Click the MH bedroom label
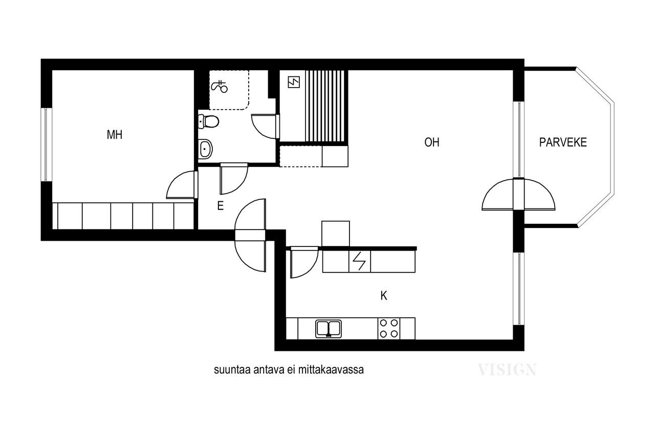tap(114, 135)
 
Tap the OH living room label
tap(431, 142)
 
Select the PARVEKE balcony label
tap(563, 142)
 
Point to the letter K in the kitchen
tap(384, 296)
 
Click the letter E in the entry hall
tap(221, 206)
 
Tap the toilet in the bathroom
tap(208, 121)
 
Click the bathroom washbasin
tap(205, 149)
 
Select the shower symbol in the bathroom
tap(220, 86)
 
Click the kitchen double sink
tap(329, 329)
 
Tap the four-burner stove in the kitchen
tap(389, 328)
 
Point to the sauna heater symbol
tap(294, 82)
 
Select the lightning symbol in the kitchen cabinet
tap(359, 262)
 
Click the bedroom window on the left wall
tap(46, 144)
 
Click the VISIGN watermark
tap(507, 370)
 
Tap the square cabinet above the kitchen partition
tap(335, 234)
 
